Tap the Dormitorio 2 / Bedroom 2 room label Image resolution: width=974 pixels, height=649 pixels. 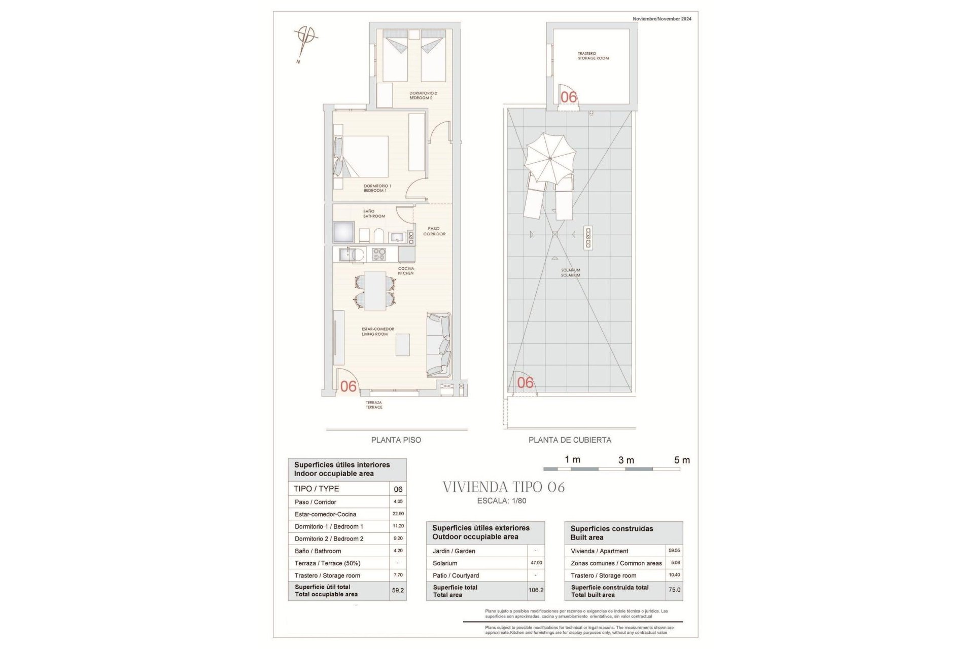[423, 95]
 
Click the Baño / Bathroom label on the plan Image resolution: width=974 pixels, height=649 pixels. [373, 213]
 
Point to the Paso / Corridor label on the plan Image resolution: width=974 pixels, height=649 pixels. [434, 231]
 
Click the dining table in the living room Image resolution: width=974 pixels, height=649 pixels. [375, 291]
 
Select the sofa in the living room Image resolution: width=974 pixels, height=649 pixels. [439, 345]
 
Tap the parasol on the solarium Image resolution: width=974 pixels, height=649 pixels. [550, 158]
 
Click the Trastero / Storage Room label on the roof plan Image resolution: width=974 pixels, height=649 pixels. [593, 56]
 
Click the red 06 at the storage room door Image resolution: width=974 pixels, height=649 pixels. [568, 97]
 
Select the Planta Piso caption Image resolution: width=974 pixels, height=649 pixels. [396, 440]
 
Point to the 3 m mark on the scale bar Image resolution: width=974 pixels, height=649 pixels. [626, 460]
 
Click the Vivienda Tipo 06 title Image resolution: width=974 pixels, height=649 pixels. [503, 487]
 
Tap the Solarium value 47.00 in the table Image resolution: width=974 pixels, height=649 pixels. [536, 563]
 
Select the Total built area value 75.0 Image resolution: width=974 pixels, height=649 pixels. [674, 590]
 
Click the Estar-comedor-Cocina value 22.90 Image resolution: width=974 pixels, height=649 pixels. [398, 514]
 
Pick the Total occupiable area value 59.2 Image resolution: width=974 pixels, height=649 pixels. [398, 590]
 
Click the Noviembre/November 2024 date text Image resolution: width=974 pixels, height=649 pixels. [662, 19]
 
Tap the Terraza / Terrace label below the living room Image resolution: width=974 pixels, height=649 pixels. [374, 405]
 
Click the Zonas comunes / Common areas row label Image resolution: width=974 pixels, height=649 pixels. [616, 563]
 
